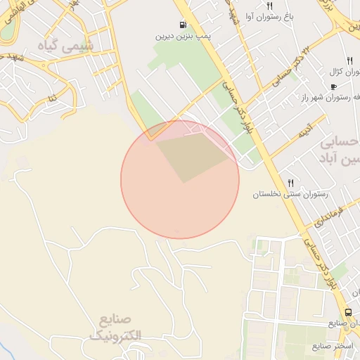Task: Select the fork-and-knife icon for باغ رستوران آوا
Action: [x=269, y=6]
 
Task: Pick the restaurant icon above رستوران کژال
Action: [x=349, y=60]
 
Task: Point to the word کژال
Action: [x=335, y=72]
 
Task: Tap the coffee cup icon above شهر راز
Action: [x=333, y=86]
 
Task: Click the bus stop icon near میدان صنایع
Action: [x=348, y=312]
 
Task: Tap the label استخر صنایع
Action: [x=333, y=347]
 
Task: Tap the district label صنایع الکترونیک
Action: [x=115, y=328]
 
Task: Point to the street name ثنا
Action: [x=51, y=92]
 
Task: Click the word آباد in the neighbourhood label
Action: [x=339, y=159]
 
